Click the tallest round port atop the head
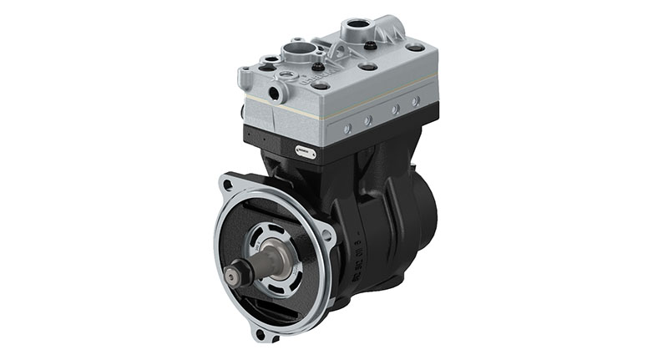[x=361, y=28]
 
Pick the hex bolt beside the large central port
[x=318, y=66]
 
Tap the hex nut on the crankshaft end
[x=237, y=274]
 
